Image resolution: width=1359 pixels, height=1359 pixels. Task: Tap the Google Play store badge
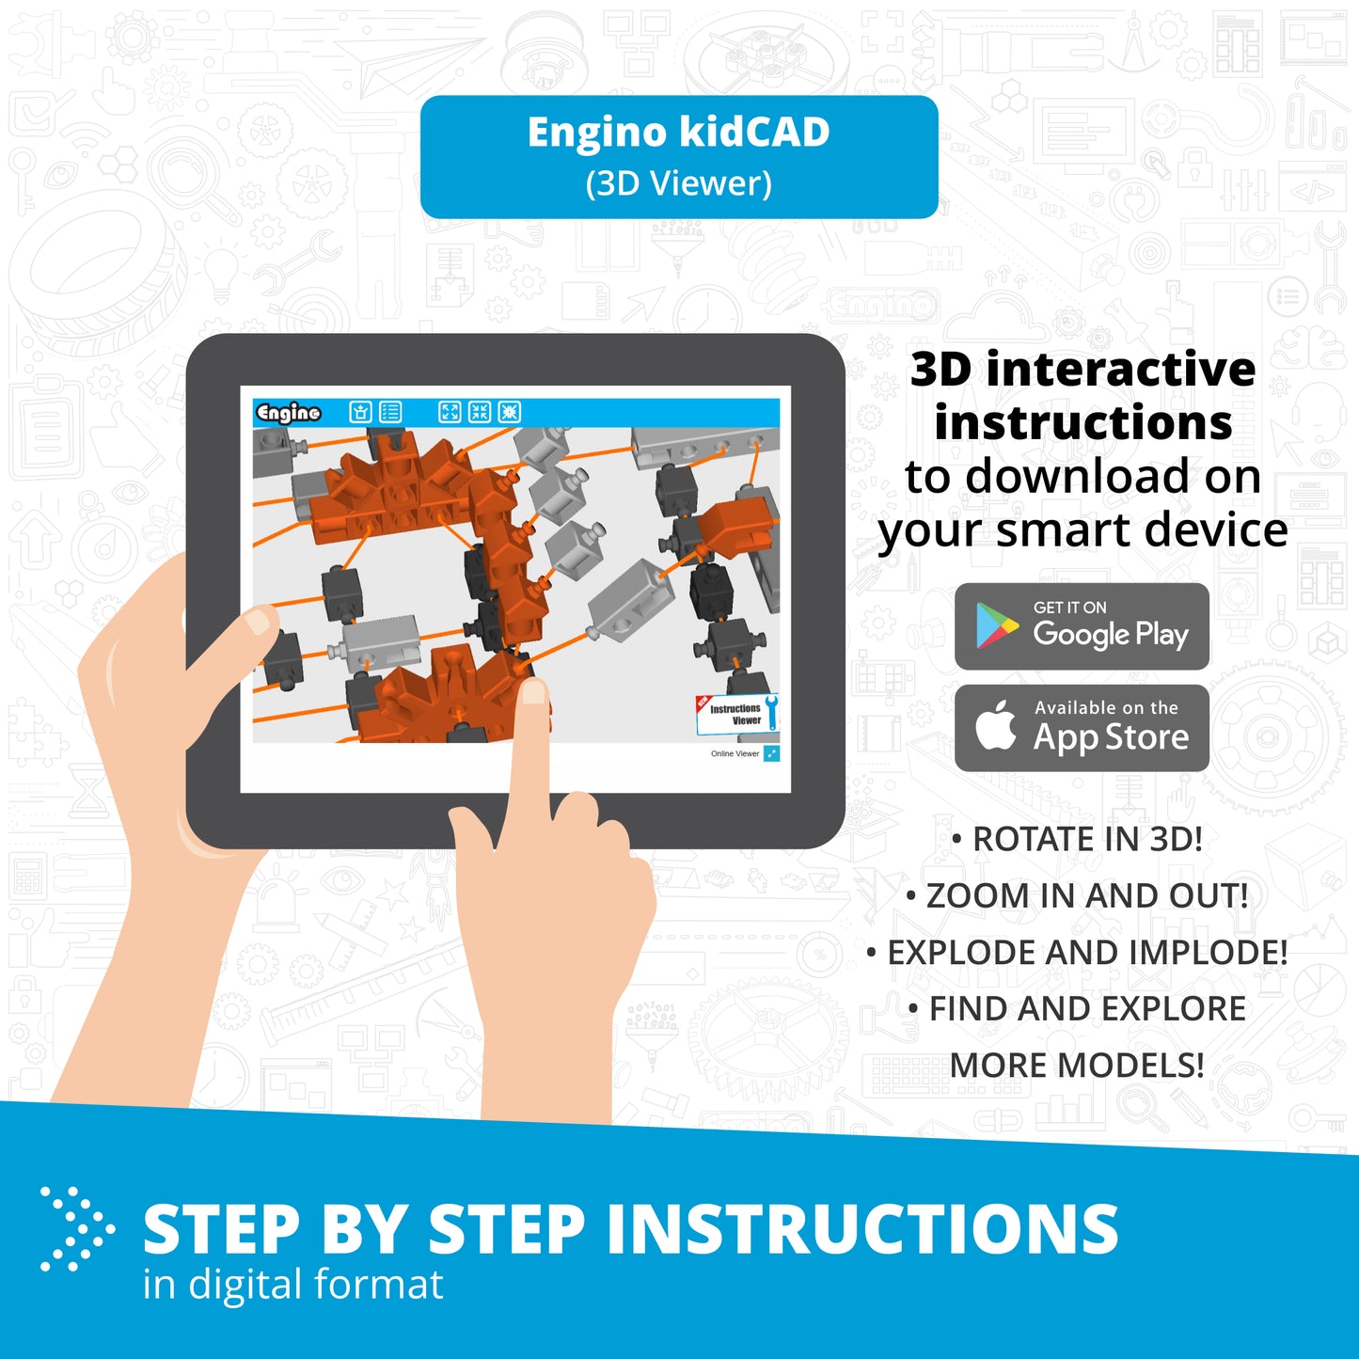[x=1082, y=625]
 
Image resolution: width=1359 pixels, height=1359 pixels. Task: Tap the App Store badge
[x=1082, y=727]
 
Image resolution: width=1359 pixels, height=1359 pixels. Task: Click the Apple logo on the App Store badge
[x=995, y=725]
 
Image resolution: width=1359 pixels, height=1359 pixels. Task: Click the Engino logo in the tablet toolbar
[x=289, y=413]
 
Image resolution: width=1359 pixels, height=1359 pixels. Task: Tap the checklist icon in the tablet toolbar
[x=390, y=412]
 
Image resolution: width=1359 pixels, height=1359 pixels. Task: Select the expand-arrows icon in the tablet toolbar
[x=450, y=412]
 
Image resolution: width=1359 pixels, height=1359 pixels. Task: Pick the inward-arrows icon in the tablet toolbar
[x=480, y=412]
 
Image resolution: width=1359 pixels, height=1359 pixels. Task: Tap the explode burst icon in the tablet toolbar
[x=509, y=412]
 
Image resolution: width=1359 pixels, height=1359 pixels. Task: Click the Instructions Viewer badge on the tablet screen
[x=737, y=714]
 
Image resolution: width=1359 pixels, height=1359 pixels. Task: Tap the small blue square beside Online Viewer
[x=771, y=754]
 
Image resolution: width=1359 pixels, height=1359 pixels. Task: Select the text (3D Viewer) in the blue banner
[x=678, y=183]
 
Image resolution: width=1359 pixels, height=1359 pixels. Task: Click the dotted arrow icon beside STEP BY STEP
[x=77, y=1228]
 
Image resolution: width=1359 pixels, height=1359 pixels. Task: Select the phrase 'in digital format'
[x=292, y=1284]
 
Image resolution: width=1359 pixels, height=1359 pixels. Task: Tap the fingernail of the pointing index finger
[x=533, y=692]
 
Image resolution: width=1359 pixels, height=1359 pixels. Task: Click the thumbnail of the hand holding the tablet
[x=258, y=620]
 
